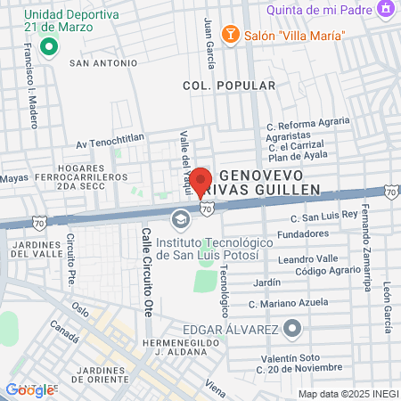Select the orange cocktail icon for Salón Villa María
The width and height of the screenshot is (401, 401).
229,33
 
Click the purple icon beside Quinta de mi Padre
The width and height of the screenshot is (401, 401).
386,10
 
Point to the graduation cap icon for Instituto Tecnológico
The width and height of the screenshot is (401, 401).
181,219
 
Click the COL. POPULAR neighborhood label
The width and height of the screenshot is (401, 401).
217,86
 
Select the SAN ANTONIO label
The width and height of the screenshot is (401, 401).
103,63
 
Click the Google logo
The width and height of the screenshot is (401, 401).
29,389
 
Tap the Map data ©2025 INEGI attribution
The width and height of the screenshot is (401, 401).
347,394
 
